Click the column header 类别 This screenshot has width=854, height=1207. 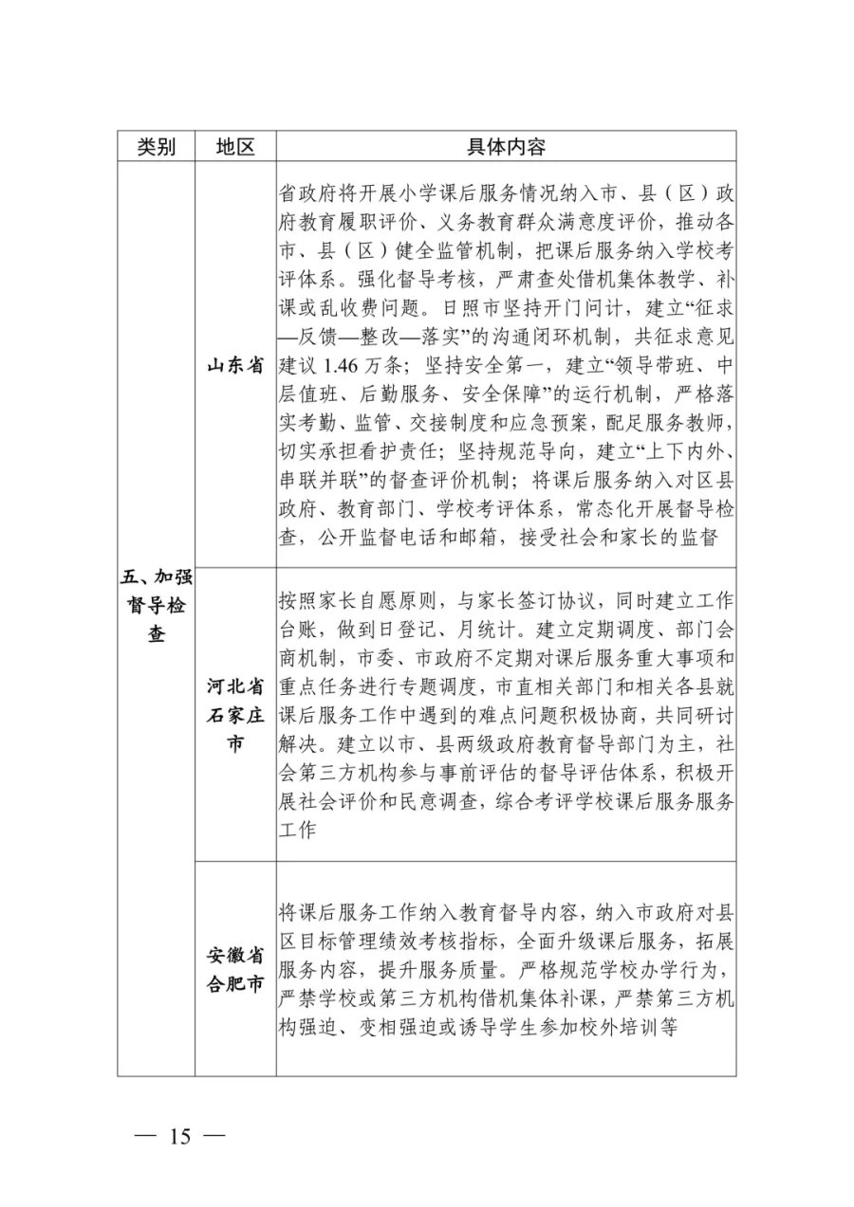point(156,147)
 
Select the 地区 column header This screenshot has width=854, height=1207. point(235,147)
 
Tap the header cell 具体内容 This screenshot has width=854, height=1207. point(506,147)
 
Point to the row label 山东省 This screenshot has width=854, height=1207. point(235,366)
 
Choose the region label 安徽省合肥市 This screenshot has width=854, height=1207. point(235,969)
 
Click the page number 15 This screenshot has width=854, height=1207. point(180,1136)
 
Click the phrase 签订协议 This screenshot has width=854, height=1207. point(565,600)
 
